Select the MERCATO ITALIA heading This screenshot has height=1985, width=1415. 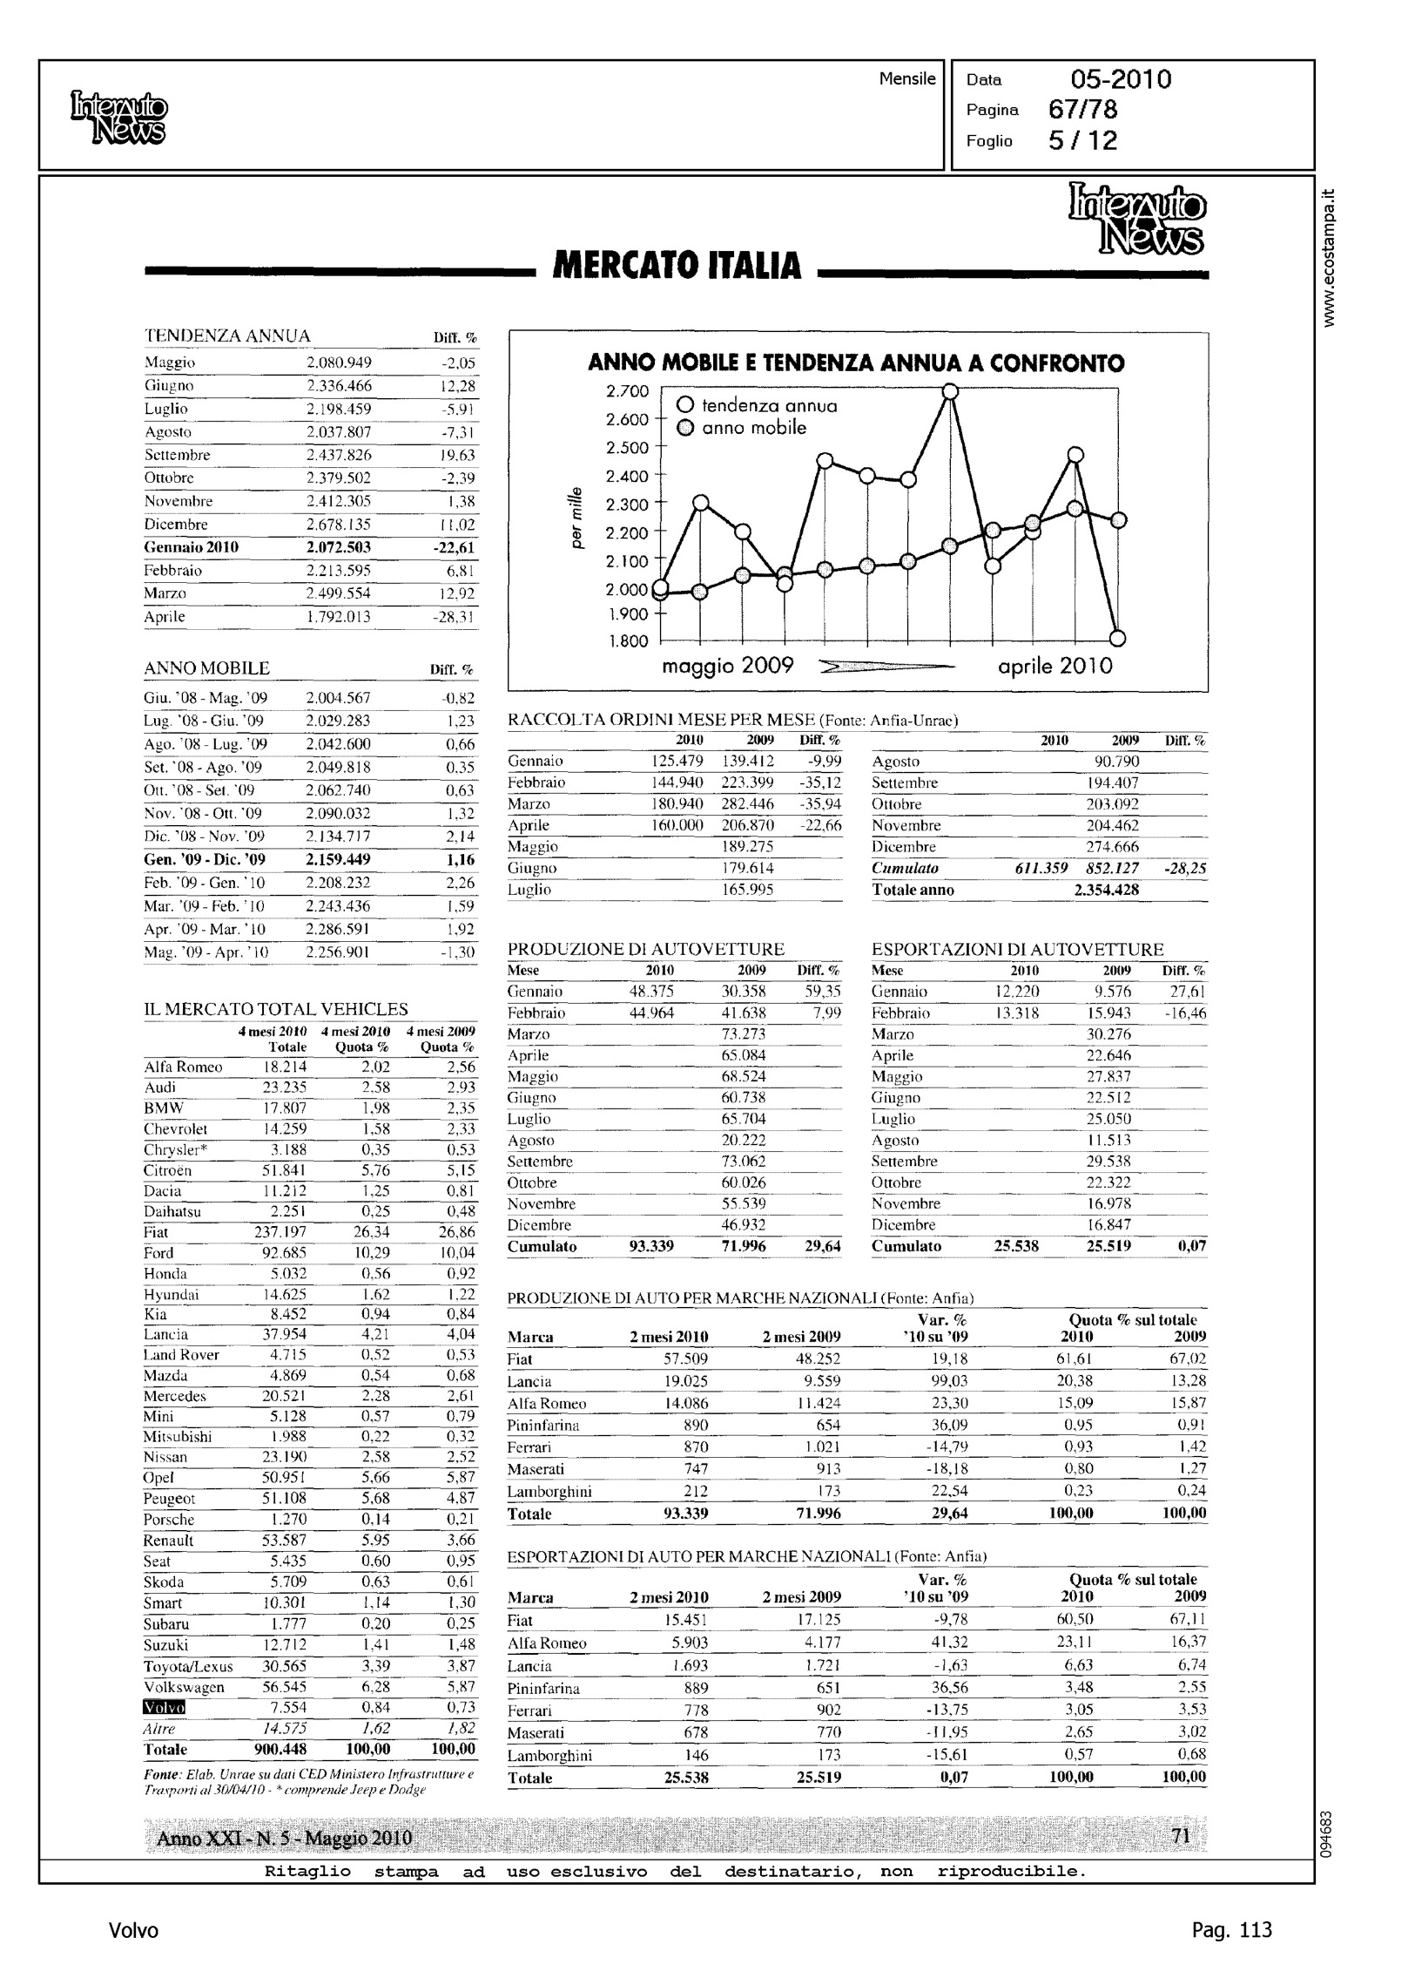[677, 266]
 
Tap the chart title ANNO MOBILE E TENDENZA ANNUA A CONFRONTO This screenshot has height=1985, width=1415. [856, 362]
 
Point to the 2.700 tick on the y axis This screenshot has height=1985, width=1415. [627, 391]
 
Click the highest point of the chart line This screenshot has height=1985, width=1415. [951, 391]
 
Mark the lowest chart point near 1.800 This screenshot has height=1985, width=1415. [1119, 638]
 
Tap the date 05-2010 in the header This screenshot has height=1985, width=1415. [1121, 80]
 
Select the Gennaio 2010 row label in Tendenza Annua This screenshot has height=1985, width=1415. [192, 547]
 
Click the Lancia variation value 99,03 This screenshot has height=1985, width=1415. [949, 1381]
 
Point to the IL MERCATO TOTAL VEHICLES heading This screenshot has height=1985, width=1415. [275, 1010]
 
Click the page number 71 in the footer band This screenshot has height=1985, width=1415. [1181, 1837]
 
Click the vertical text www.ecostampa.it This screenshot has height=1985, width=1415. [1328, 258]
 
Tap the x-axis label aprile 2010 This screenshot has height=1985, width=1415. [1055, 667]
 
